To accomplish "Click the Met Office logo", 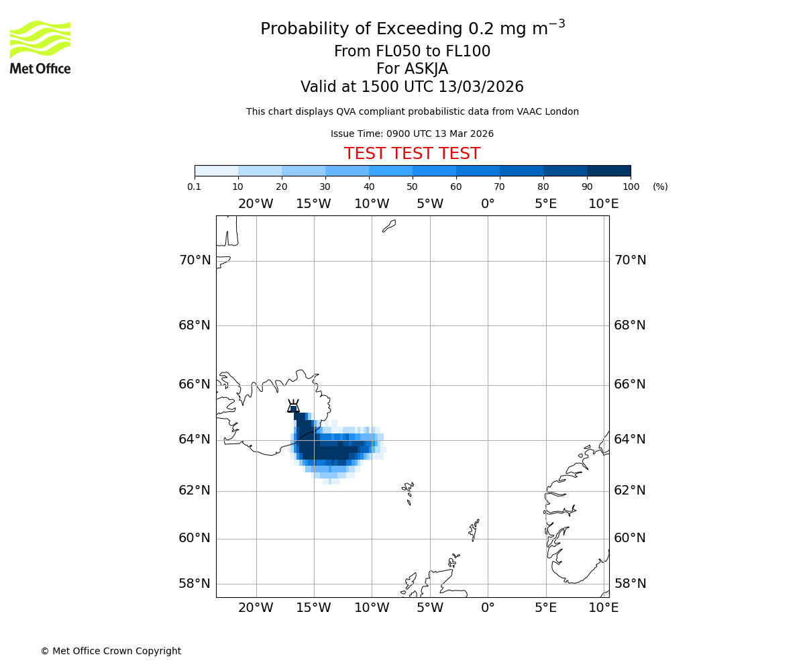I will coord(40,47).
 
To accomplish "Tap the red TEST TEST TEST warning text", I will coord(412,154).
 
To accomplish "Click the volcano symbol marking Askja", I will coord(293,407).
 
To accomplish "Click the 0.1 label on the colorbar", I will coord(195,187).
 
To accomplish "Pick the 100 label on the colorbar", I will coord(631,187).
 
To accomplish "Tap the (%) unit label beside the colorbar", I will coord(660,187).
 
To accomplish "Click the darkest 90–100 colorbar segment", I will coord(608,170).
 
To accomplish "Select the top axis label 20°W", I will coord(256,204).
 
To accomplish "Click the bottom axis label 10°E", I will coord(603,608).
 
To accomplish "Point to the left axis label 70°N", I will coord(195,260).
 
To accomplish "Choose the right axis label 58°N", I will coord(630,584).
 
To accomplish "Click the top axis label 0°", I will coord(488,204).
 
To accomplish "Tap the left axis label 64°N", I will coord(195,440).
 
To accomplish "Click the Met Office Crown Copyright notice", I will coord(111,651).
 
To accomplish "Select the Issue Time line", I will coord(412,134).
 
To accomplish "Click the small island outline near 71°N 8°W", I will coord(389,226).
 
